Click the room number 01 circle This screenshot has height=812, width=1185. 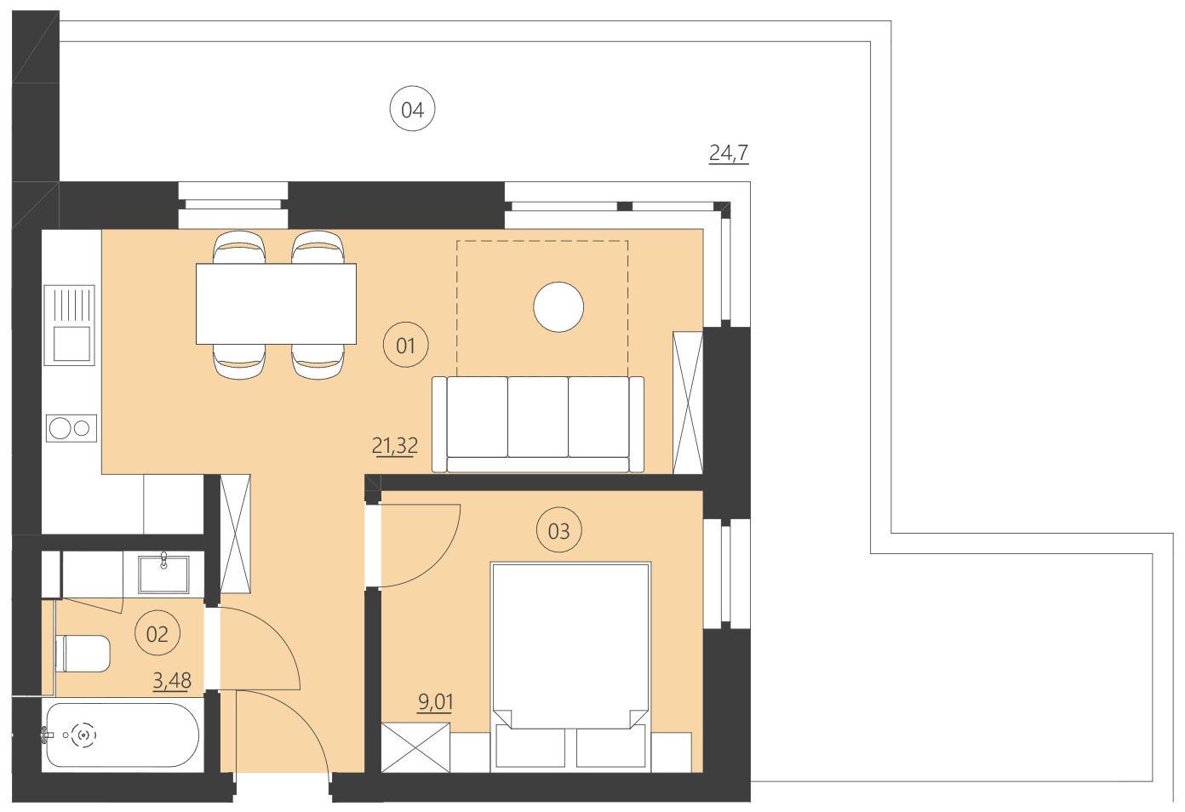(x=406, y=345)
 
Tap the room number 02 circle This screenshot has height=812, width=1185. (x=157, y=633)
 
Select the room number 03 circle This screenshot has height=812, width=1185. (x=558, y=530)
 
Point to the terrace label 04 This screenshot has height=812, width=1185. (x=413, y=109)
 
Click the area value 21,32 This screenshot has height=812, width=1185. (x=395, y=445)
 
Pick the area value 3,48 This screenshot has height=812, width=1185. (x=172, y=680)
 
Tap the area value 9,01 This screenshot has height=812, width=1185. (x=435, y=702)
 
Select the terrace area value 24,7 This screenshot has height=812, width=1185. (x=729, y=152)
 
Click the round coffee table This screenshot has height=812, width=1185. (x=558, y=306)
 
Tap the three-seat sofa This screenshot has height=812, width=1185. (x=538, y=424)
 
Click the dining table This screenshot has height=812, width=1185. (x=276, y=304)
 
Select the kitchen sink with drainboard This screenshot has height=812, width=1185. (x=70, y=324)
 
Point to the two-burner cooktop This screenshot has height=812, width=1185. (x=71, y=428)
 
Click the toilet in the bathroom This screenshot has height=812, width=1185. (x=83, y=654)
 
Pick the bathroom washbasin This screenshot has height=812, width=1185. (x=163, y=573)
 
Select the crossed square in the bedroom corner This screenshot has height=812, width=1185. (x=415, y=746)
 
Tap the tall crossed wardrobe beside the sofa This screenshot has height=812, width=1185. (x=688, y=403)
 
